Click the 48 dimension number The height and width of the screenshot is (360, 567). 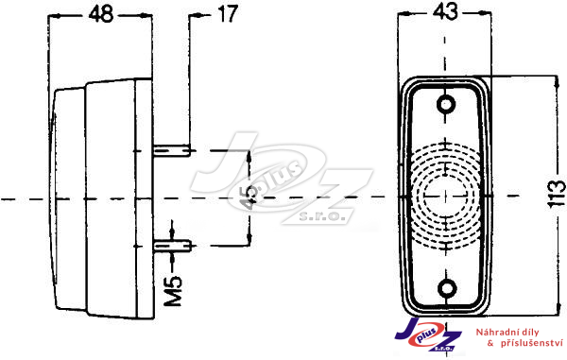coord(101,14)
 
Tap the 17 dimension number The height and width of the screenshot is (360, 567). coord(227,14)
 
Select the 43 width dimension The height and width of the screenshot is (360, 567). coord(445,11)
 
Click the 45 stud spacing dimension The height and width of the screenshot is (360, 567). coord(249,198)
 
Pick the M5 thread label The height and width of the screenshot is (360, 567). coord(173,291)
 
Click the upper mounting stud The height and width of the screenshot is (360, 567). coord(171,150)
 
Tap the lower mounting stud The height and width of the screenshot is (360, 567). coord(172,247)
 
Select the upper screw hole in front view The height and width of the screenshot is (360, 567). coord(445,105)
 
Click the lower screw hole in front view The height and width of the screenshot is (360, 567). coord(447,288)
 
